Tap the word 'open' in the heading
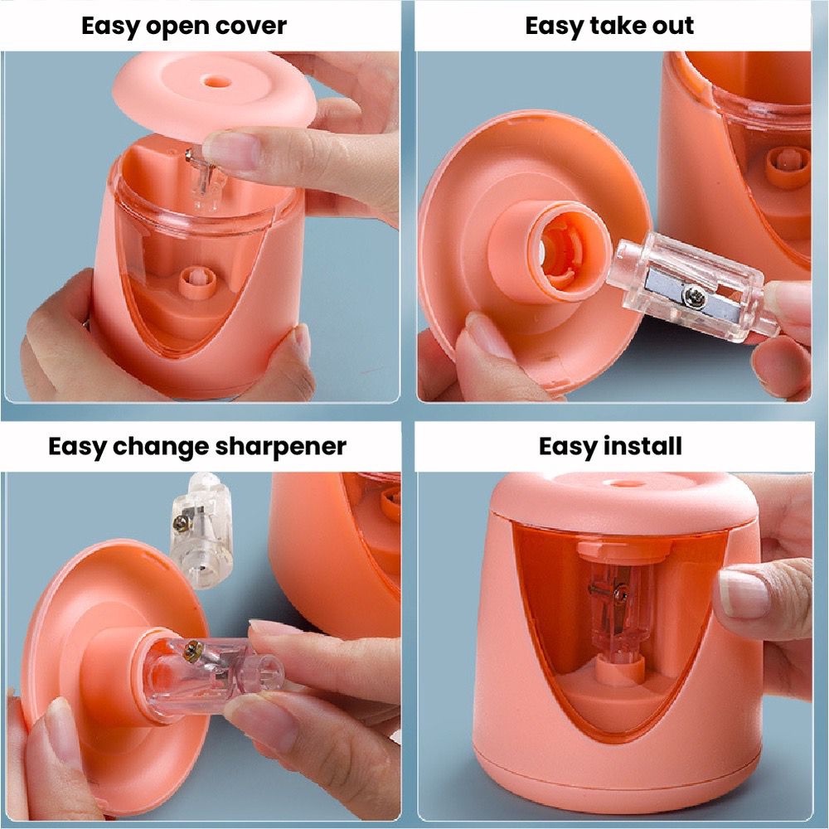[176, 27]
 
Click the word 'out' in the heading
[672, 26]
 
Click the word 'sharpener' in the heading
[281, 448]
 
